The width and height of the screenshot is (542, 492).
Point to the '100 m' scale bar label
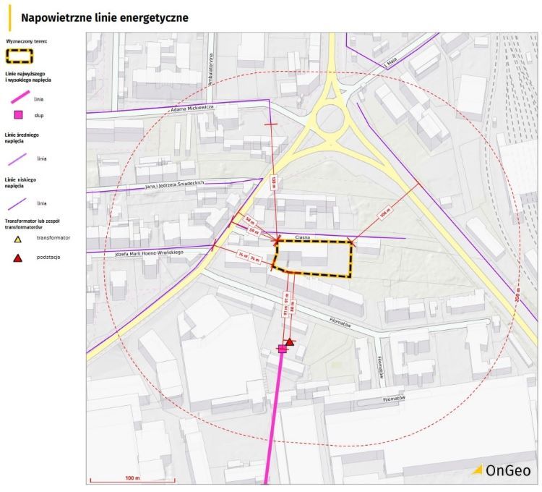(131, 478)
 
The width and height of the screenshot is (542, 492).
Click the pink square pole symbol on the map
(283, 349)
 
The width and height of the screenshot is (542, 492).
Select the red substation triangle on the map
(290, 342)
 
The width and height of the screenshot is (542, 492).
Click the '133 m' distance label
(274, 182)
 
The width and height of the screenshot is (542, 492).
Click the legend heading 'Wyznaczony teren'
(27, 41)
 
